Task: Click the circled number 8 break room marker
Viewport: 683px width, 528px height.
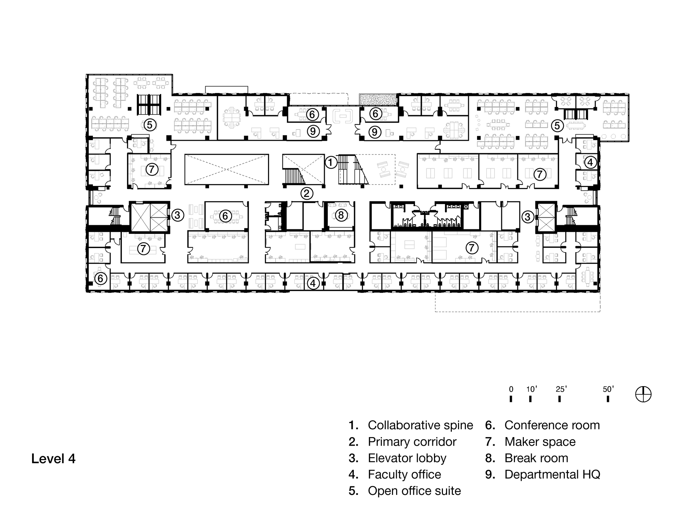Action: pos(341,215)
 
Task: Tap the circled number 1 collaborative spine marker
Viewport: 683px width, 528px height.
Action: pos(331,162)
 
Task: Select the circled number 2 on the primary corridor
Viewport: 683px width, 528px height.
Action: pos(307,193)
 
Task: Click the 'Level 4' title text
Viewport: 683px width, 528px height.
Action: pos(53,459)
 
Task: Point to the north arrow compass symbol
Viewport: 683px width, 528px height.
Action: pos(643,394)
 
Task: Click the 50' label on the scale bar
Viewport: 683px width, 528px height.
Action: pos(608,389)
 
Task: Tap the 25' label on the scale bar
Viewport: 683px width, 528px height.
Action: pos(561,389)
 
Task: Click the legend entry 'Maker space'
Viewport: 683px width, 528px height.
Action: pos(540,442)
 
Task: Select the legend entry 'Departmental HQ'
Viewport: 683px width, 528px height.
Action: pos(552,474)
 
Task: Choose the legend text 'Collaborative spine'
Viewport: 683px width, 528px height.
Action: pos(420,425)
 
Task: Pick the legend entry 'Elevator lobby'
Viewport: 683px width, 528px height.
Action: pos(407,458)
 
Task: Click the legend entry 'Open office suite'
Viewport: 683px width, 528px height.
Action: pos(414,491)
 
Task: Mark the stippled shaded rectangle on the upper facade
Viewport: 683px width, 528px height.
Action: pos(378,100)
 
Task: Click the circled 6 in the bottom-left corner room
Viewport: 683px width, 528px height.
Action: pos(100,278)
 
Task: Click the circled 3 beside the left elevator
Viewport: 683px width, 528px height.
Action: pos(178,215)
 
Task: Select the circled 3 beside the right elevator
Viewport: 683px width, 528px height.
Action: pos(528,216)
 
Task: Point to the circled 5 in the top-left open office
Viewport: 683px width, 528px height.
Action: pos(150,125)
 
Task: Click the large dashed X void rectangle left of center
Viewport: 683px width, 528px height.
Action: pos(226,170)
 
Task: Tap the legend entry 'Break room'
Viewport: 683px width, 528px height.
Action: pos(536,458)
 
